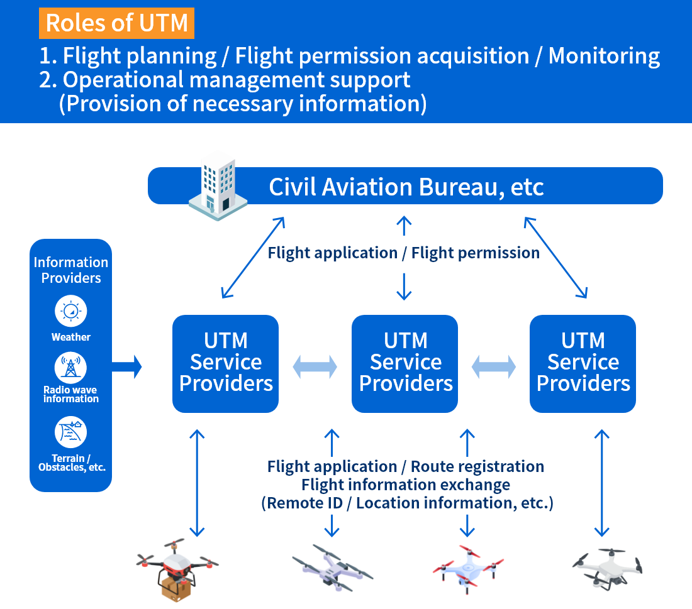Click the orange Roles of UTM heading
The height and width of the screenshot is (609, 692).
pyautogui.click(x=117, y=23)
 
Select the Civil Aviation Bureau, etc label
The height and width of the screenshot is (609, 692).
pyautogui.click(x=406, y=187)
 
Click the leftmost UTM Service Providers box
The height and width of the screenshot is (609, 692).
pyautogui.click(x=225, y=363)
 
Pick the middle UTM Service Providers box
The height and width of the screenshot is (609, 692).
pyautogui.click(x=405, y=363)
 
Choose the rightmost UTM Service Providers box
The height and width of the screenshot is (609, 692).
pyautogui.click(x=583, y=363)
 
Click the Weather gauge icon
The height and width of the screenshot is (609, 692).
pyautogui.click(x=71, y=311)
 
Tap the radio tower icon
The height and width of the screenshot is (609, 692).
pyautogui.click(x=71, y=367)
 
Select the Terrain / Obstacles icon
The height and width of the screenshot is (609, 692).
pyautogui.click(x=71, y=432)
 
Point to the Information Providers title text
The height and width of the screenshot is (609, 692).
pyautogui.click(x=71, y=270)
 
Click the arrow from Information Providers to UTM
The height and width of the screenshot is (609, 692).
pyautogui.click(x=127, y=366)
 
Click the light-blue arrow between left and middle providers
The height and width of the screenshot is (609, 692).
pyautogui.click(x=315, y=366)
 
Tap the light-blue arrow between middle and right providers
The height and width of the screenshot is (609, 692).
pyautogui.click(x=494, y=366)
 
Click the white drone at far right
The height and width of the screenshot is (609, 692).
pyautogui.click(x=607, y=567)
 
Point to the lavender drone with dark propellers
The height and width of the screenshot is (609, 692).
pyautogui.click(x=332, y=569)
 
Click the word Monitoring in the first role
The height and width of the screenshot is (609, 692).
pyautogui.click(x=604, y=56)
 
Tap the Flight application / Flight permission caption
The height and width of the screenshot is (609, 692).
pyautogui.click(x=403, y=253)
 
